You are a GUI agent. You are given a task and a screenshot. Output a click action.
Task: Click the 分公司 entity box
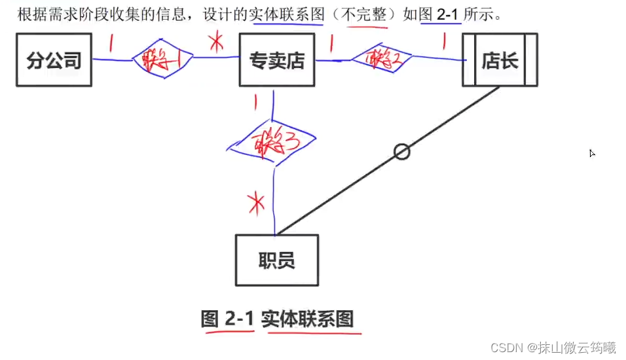[x=54, y=61]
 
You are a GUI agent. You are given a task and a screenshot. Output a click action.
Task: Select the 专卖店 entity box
[x=277, y=61]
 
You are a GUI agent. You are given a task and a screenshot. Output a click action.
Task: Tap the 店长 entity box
[x=500, y=61]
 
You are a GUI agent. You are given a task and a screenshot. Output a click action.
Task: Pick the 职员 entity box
[x=277, y=261]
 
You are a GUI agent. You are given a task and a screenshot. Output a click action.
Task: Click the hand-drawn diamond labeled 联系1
[x=163, y=62]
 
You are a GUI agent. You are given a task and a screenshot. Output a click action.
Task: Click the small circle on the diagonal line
[x=402, y=152]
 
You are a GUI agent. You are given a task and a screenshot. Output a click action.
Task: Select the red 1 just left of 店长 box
[x=445, y=43]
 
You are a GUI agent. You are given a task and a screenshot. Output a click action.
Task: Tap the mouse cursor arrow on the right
[x=592, y=153]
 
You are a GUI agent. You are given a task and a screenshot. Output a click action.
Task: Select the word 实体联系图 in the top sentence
[x=287, y=14]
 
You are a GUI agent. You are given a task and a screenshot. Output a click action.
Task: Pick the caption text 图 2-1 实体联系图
[x=277, y=319]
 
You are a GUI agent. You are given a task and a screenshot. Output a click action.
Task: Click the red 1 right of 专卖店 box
[x=331, y=43]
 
